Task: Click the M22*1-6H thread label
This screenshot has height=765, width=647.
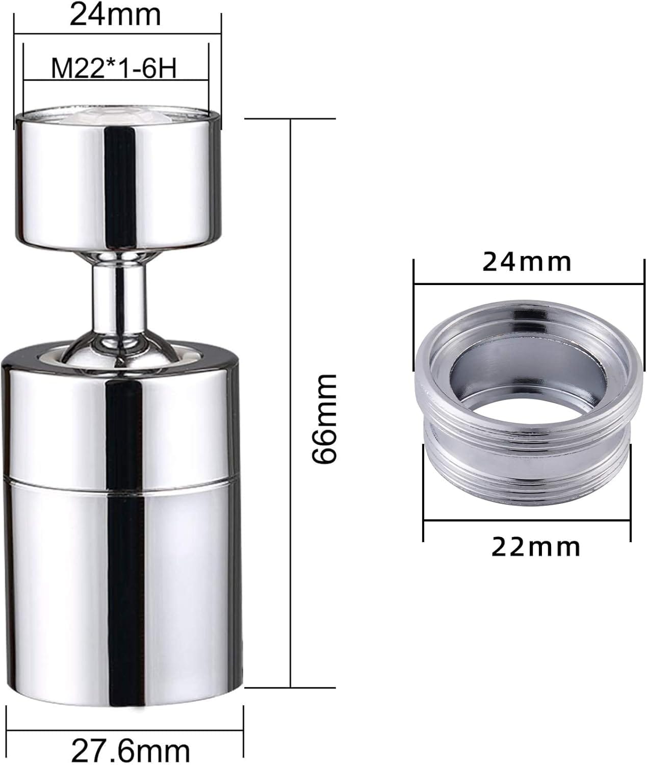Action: [x=114, y=68]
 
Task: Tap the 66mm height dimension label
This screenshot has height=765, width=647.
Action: [x=324, y=419]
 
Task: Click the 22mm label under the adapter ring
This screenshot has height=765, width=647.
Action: [x=536, y=547]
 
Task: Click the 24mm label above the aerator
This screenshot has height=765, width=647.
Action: [x=115, y=15]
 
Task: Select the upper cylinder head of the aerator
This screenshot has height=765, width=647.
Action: [x=118, y=180]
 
